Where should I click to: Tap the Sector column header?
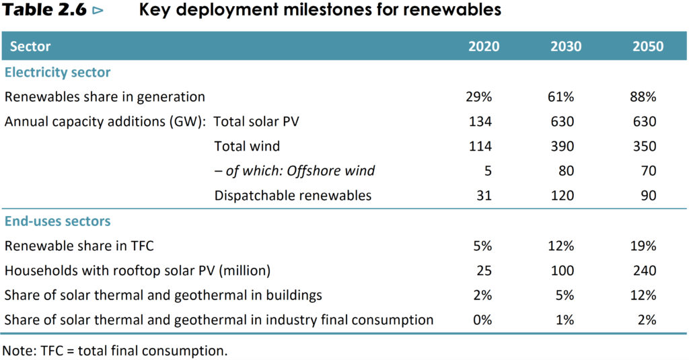[30, 46]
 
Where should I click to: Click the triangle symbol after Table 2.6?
[98, 11]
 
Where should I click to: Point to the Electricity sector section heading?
[57, 72]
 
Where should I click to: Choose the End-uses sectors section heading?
[57, 221]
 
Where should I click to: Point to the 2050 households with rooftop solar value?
[645, 271]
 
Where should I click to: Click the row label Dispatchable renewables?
[293, 196]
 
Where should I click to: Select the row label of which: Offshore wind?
[294, 171]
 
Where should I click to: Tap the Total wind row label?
[247, 146]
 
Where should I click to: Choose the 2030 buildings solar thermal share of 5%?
[565, 295]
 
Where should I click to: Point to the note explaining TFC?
[115, 350]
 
